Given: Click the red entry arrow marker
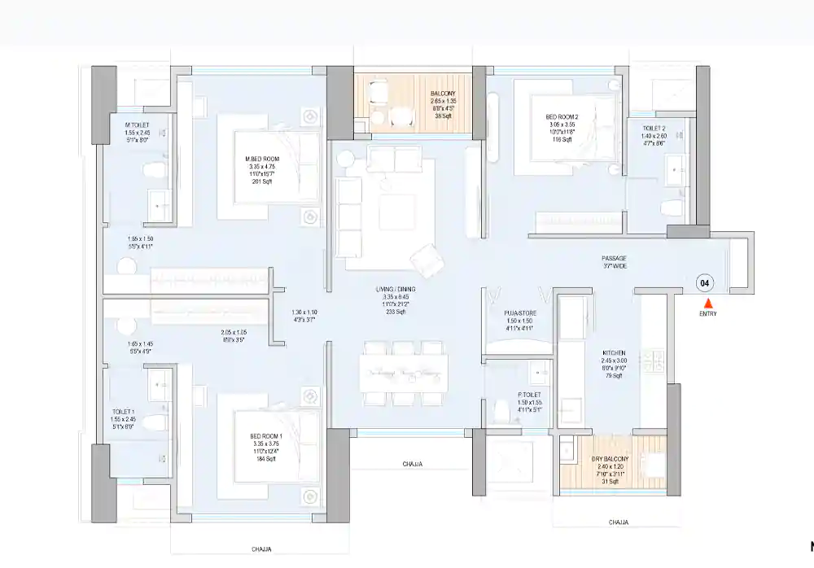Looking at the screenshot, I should tap(707, 303).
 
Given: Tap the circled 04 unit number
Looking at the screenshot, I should tap(706, 283).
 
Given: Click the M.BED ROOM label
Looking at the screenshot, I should tap(263, 159).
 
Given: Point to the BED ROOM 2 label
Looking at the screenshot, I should tap(560, 117).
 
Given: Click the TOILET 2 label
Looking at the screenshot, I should tap(654, 129).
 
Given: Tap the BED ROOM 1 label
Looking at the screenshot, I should tap(266, 437).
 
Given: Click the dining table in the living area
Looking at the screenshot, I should tap(405, 372).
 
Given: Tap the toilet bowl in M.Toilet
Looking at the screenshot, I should tap(153, 169).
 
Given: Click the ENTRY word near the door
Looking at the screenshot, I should tap(708, 314).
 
